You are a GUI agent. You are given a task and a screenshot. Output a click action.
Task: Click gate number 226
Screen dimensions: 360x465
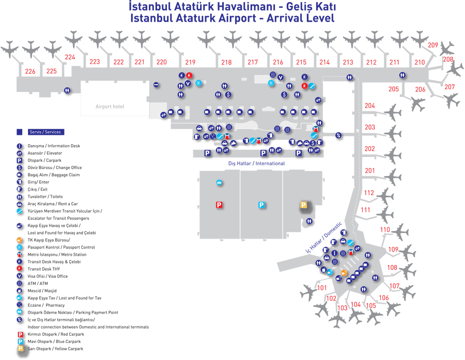coord(30,71)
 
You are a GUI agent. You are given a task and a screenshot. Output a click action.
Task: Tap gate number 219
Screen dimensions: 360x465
coord(190,62)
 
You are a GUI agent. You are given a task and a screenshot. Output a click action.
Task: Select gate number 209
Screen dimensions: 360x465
coord(433,45)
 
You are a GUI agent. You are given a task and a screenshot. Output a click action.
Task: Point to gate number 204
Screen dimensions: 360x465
coord(369,106)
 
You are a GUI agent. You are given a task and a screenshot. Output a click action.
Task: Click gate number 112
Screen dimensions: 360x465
coord(368,193)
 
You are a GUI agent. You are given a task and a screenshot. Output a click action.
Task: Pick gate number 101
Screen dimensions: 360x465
coord(322,288)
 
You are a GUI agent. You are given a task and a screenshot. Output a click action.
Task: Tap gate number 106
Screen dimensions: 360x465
coord(383,298)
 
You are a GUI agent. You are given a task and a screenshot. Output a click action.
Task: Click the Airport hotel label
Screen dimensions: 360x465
coord(110,106)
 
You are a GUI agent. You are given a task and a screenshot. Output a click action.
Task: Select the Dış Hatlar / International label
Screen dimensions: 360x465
coord(256,163)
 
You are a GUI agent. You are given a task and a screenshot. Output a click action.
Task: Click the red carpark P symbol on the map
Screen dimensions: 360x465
coord(219,205)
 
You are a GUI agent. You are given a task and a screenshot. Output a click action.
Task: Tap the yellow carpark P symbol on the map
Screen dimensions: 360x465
coord(304,205)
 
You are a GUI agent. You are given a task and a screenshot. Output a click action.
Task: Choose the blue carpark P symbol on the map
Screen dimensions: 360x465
coord(261,205)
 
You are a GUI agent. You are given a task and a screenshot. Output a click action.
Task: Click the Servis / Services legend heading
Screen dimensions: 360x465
coord(45,132)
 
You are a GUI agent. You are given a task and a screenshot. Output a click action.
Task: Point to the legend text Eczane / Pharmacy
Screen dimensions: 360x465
coord(46,305)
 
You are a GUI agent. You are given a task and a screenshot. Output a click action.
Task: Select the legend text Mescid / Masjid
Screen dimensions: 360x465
coord(42,291)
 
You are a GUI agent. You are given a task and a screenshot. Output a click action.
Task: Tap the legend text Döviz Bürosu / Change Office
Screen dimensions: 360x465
coord(54,167)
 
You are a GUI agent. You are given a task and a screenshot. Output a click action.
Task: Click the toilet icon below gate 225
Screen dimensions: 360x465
coord(68,90)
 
